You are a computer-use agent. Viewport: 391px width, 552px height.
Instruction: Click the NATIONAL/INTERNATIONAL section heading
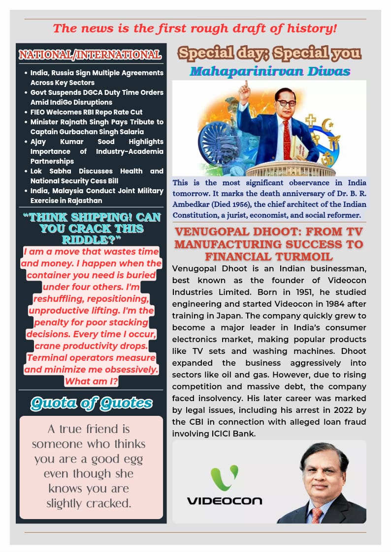click(x=90, y=55)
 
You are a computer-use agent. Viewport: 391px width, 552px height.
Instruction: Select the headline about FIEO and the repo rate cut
click(x=83, y=112)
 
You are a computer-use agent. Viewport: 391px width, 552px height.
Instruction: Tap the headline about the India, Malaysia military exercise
click(x=97, y=195)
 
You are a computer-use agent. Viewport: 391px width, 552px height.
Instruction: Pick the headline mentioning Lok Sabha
click(x=97, y=175)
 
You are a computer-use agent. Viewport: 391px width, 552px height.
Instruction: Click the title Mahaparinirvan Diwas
click(x=270, y=71)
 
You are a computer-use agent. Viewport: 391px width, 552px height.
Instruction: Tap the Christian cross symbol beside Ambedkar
click(x=311, y=120)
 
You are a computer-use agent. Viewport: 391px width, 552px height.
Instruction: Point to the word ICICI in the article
click(x=213, y=434)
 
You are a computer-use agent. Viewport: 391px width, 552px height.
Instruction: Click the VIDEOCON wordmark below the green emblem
click(x=224, y=501)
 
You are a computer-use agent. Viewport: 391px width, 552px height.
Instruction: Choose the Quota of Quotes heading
click(x=91, y=404)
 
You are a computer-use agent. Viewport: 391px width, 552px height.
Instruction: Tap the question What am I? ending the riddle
click(x=91, y=381)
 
